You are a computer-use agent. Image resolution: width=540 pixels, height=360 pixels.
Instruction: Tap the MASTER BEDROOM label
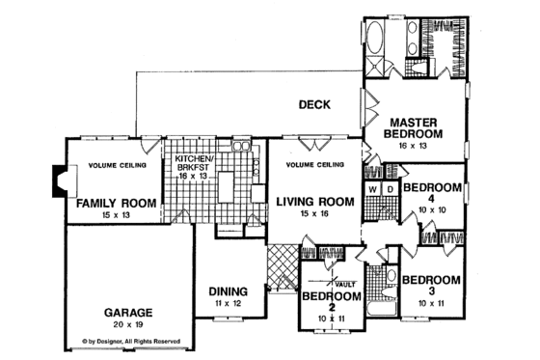pyautogui.click(x=416, y=127)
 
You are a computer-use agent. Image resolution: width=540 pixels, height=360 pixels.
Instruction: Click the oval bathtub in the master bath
pyautogui.click(x=376, y=42)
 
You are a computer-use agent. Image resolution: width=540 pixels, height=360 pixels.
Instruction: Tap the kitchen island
pyautogui.click(x=228, y=182)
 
